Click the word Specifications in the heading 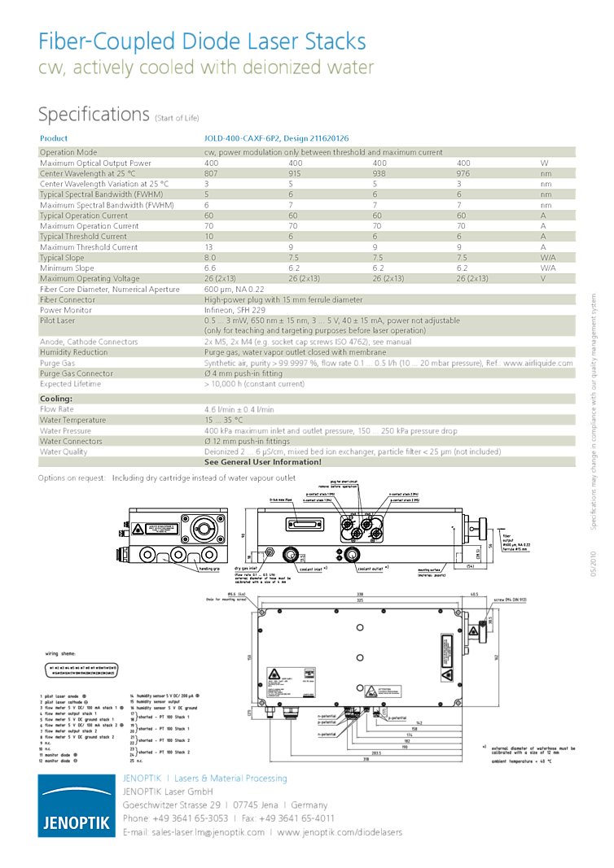coord(94,114)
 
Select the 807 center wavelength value coord(211,173)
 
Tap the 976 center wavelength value coord(463,173)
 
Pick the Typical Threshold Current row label coord(83,237)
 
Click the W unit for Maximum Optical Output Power coord(545,163)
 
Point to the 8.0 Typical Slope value coord(210,258)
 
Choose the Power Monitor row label coord(67,310)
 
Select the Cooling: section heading coord(56,399)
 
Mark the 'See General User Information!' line coord(262,462)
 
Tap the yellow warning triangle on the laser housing coord(140,529)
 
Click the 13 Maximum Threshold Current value coord(208,247)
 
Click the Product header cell coord(54,138)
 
